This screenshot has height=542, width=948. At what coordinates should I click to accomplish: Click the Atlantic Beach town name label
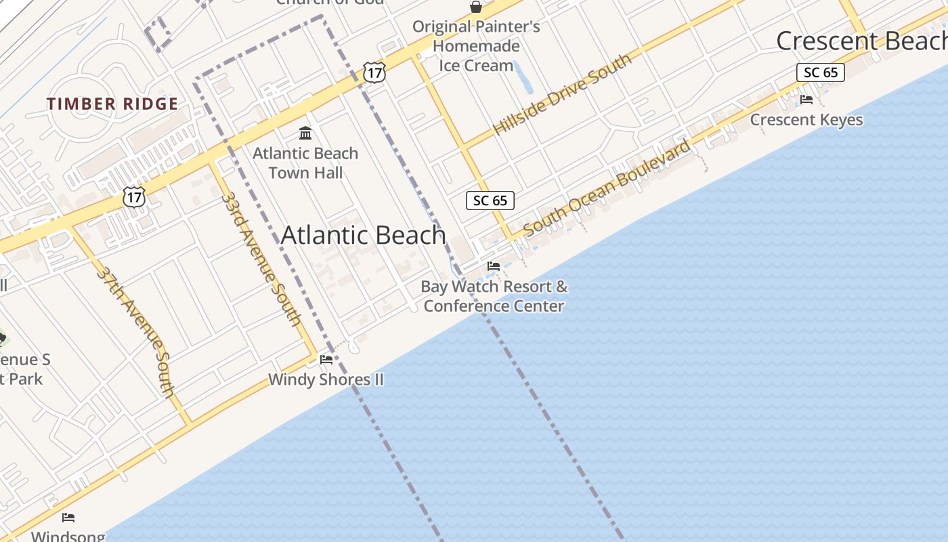tap(364, 235)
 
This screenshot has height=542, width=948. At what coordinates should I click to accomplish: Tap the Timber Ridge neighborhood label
tap(112, 104)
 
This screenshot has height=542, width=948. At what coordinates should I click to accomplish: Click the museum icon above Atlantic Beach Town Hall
tap(305, 132)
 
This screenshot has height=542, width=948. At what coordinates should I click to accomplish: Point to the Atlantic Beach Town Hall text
tap(305, 163)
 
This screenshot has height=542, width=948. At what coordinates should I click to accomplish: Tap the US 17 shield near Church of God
tap(374, 72)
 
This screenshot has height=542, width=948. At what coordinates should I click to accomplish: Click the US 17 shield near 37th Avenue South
tap(134, 197)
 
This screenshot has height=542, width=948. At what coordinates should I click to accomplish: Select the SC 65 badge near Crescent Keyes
tap(820, 72)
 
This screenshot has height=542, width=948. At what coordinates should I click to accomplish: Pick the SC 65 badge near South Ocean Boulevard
tap(490, 201)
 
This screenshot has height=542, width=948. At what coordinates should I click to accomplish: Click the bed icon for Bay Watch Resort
tap(494, 266)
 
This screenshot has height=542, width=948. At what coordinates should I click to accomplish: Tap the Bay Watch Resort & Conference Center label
tap(494, 296)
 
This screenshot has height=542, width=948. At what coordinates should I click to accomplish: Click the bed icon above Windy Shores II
tap(326, 359)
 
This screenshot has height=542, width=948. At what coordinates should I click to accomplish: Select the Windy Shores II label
tap(326, 379)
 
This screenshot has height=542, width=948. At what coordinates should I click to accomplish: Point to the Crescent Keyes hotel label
tap(806, 120)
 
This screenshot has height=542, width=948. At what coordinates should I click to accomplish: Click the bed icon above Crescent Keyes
tap(806, 99)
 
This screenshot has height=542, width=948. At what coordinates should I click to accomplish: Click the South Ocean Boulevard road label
tap(607, 188)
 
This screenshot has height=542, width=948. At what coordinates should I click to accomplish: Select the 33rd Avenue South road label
tap(261, 259)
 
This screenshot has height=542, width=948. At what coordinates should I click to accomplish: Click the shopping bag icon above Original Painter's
tap(476, 7)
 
